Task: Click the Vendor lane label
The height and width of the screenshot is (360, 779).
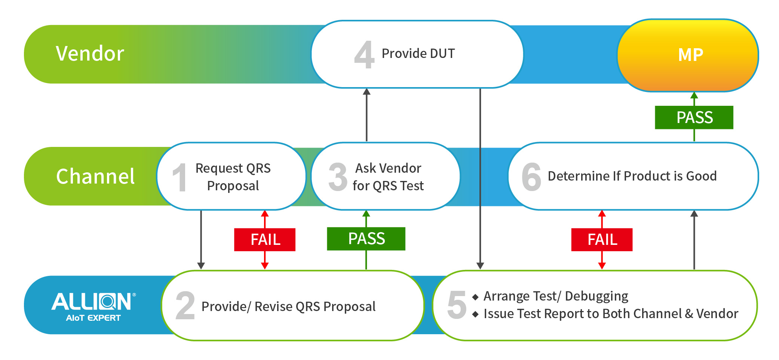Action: (x=90, y=53)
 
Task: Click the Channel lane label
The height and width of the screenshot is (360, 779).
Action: (x=95, y=176)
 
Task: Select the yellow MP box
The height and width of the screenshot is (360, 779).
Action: (x=688, y=55)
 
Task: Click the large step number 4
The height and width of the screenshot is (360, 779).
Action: (x=364, y=55)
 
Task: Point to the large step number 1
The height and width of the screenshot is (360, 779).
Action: (x=180, y=177)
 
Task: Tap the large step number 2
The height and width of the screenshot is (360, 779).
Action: (x=185, y=305)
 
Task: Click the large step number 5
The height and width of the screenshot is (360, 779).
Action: (x=457, y=305)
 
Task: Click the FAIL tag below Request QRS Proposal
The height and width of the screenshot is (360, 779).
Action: (x=265, y=240)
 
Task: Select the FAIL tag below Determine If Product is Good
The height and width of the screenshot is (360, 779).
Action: (x=602, y=240)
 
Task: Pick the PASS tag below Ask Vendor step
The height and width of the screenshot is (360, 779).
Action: (x=366, y=239)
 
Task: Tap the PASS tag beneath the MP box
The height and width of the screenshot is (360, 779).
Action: (x=694, y=117)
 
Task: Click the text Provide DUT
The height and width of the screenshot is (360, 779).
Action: (x=418, y=53)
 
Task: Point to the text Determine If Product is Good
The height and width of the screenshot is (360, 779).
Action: (x=632, y=176)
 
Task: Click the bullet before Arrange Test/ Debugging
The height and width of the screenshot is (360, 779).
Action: (x=475, y=297)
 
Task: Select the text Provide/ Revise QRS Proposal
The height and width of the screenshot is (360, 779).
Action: (x=288, y=307)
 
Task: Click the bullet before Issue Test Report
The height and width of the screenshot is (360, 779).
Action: (x=475, y=314)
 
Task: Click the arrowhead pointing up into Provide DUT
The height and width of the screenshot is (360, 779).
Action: (x=367, y=92)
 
